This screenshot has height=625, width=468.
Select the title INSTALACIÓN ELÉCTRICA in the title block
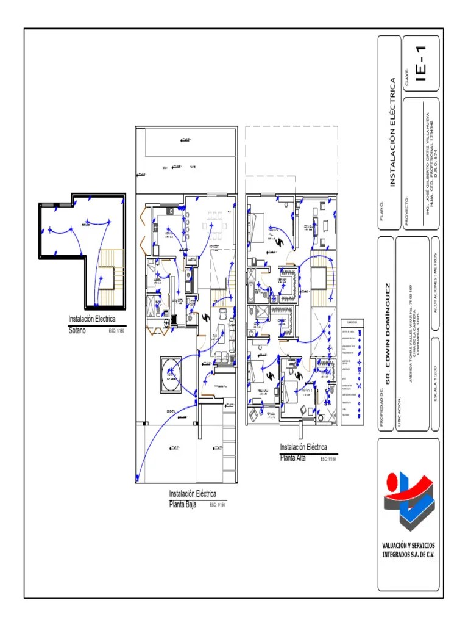tap(393, 131)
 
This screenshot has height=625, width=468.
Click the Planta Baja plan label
tap(182, 504)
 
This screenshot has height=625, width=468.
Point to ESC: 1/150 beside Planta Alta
tap(328, 459)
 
